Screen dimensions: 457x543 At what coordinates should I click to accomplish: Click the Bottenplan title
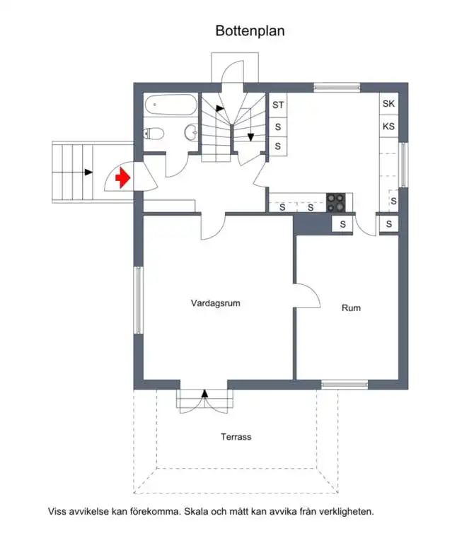tap(250, 31)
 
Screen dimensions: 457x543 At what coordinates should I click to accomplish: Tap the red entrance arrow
tap(122, 177)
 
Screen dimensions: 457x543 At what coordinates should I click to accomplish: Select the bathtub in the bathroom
tap(170, 105)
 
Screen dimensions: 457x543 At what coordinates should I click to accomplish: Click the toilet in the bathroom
tap(154, 134)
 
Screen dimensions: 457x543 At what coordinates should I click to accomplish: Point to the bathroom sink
tap(191, 132)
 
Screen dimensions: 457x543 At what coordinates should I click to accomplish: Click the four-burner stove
tap(336, 203)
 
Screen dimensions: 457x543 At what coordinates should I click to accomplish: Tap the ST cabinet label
tap(278, 105)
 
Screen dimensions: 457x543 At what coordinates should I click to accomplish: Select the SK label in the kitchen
tap(388, 103)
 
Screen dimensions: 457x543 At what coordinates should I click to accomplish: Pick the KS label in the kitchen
tap(388, 127)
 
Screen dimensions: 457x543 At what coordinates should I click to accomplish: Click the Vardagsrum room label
tap(216, 303)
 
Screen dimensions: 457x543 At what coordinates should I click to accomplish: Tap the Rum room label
tap(351, 308)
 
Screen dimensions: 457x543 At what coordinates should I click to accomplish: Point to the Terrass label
tap(236, 437)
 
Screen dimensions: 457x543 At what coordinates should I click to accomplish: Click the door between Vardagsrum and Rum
tap(307, 296)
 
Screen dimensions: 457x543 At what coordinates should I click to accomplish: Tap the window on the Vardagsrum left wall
tap(138, 300)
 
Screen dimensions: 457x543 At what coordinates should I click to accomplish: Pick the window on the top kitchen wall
tap(337, 87)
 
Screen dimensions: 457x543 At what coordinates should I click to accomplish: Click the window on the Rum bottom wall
tap(345, 385)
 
